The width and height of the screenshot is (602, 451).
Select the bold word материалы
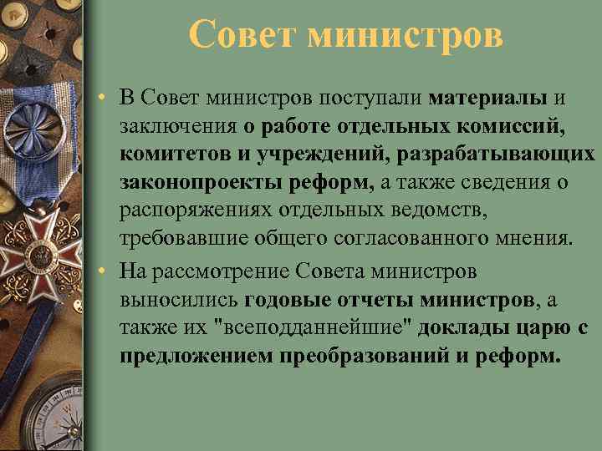488,98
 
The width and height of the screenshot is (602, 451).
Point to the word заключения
177,126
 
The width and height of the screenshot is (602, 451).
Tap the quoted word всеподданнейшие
324,327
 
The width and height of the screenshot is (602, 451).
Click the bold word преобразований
370,356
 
